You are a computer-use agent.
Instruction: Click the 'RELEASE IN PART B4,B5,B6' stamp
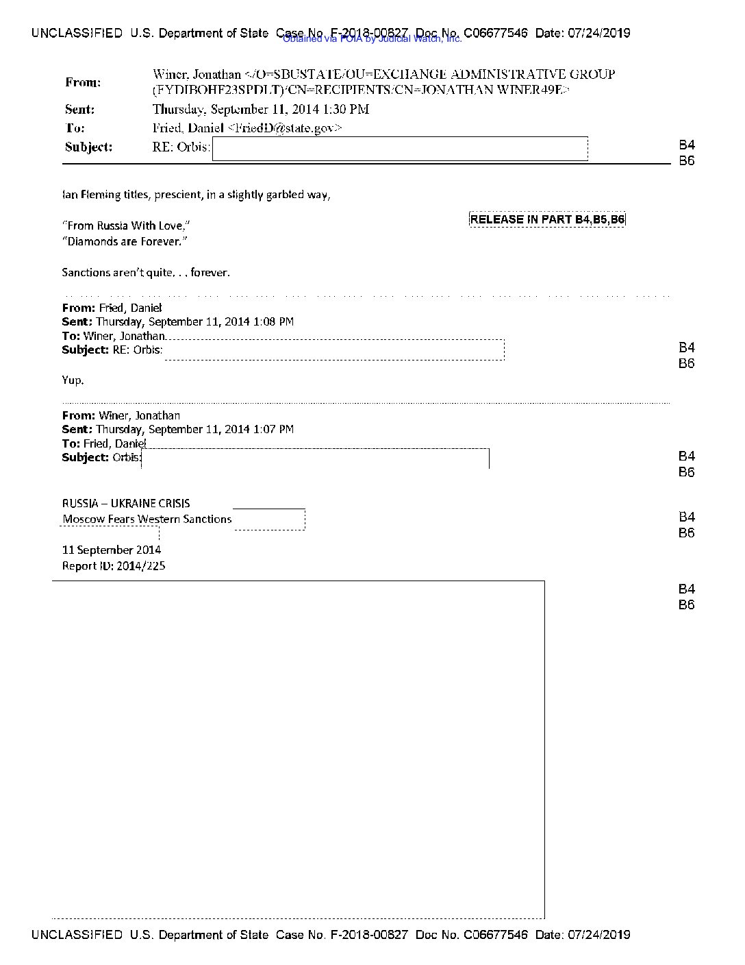click(x=547, y=219)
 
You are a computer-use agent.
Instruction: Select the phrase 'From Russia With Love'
click(x=125, y=225)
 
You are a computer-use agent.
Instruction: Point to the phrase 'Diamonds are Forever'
click(x=124, y=241)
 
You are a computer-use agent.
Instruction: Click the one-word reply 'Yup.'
click(x=73, y=380)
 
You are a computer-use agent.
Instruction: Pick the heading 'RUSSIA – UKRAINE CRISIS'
click(x=126, y=503)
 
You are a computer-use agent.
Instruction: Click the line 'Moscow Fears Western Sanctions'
click(x=147, y=519)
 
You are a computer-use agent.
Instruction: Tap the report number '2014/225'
click(x=141, y=566)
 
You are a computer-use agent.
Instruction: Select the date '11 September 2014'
click(x=112, y=550)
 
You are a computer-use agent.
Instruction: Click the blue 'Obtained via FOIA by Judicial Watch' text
click(x=372, y=39)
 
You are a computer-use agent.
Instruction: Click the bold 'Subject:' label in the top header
click(x=89, y=147)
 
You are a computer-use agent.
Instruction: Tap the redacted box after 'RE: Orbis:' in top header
click(x=400, y=149)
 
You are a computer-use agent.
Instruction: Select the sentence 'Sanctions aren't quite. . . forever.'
click(x=146, y=273)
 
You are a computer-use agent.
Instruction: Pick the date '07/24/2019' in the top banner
click(x=599, y=33)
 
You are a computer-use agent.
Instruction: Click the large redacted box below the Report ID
click(x=298, y=748)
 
